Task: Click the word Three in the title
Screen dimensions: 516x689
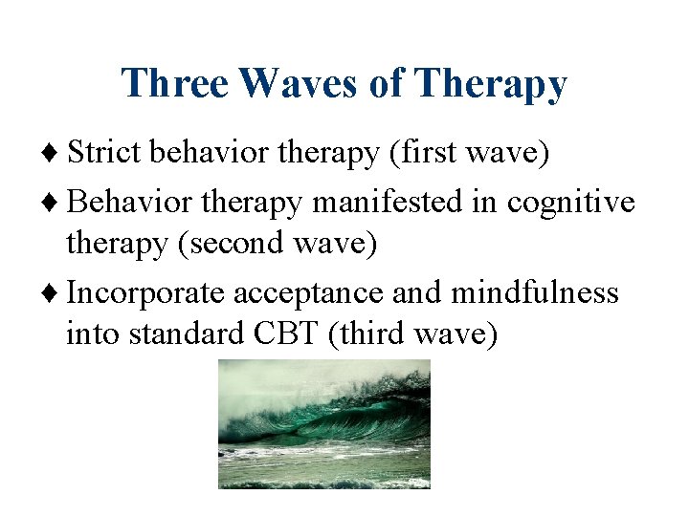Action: [x=175, y=83]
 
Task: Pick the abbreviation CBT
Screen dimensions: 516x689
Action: [x=285, y=335]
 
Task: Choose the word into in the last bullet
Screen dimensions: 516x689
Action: [x=94, y=335]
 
